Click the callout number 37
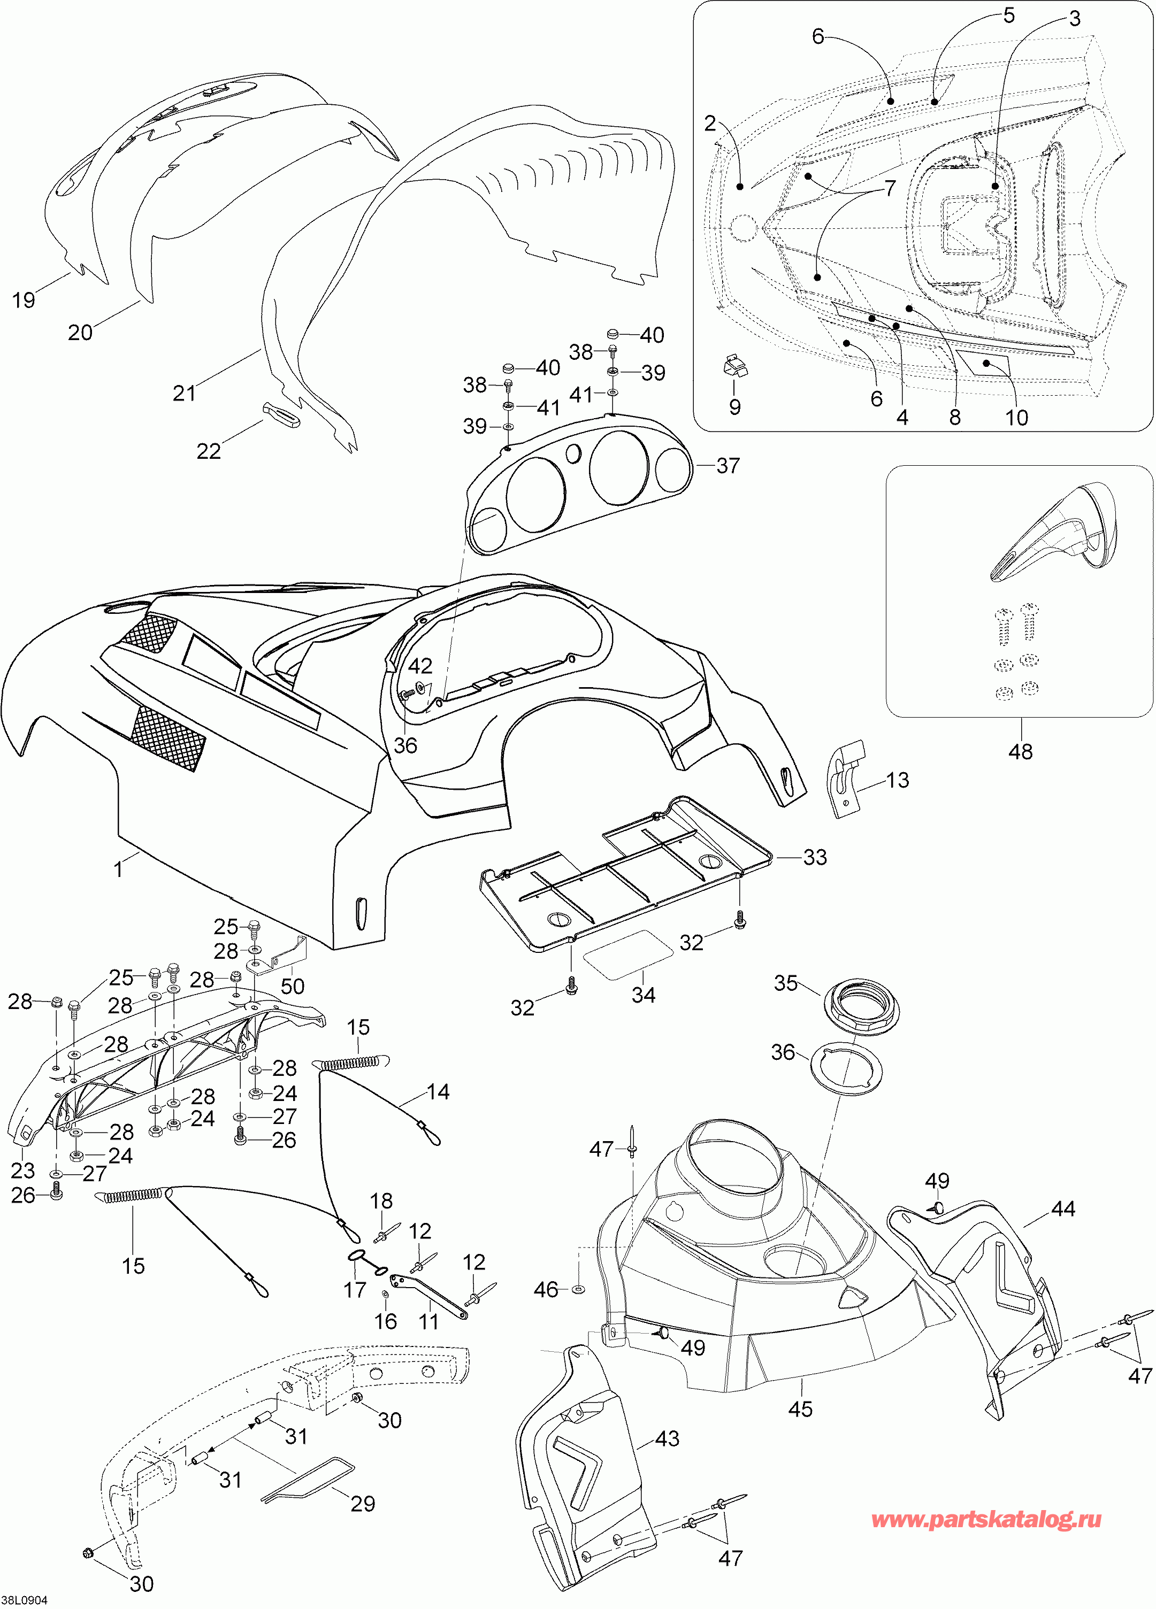click(728, 466)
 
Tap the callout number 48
click(1021, 752)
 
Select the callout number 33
click(815, 857)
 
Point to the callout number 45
click(800, 1409)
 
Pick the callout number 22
click(209, 451)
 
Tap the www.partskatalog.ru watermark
click(986, 1520)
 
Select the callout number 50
click(293, 986)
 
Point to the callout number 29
click(363, 1504)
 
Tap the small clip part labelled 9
click(736, 367)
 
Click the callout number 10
click(1017, 418)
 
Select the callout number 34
click(644, 995)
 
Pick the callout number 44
click(1063, 1209)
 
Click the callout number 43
click(667, 1439)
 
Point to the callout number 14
click(438, 1092)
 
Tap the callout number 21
click(185, 393)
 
